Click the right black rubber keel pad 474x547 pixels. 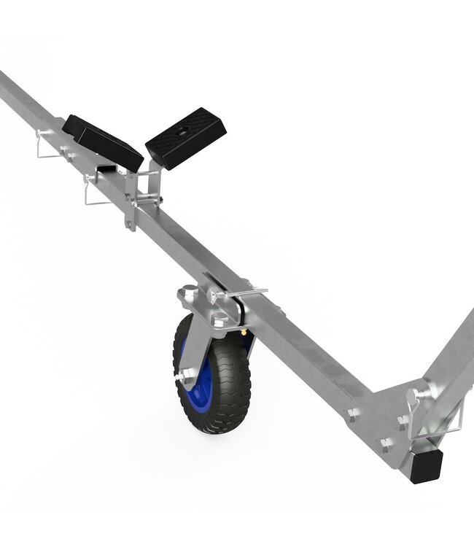click(186, 137)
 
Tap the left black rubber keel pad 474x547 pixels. click(101, 141)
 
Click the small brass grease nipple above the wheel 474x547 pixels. click(241, 331)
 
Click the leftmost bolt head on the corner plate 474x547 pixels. click(352, 414)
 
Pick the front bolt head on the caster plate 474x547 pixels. click(219, 319)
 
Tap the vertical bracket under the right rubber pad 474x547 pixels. click(149, 190)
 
